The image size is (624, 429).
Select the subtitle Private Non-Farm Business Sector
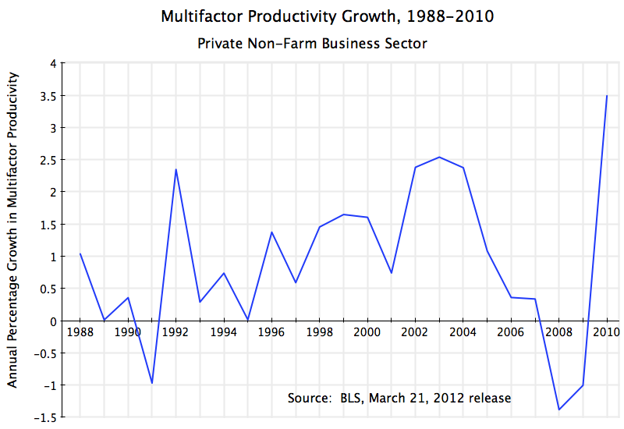pos(313,44)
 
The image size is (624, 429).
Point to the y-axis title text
pos(12,230)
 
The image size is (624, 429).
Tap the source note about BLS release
pos(399,398)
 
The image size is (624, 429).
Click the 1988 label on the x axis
pos(80,332)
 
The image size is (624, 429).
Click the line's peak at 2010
pos(606,96)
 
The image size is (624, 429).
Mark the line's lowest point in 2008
pos(558,409)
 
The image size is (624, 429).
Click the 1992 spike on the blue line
pos(176,169)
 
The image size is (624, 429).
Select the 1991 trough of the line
pos(152,383)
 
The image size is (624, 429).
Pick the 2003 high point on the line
pos(439,157)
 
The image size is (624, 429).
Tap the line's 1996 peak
pos(271,232)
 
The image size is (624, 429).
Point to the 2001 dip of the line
pos(391,273)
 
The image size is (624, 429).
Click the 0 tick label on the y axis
pos(52,321)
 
